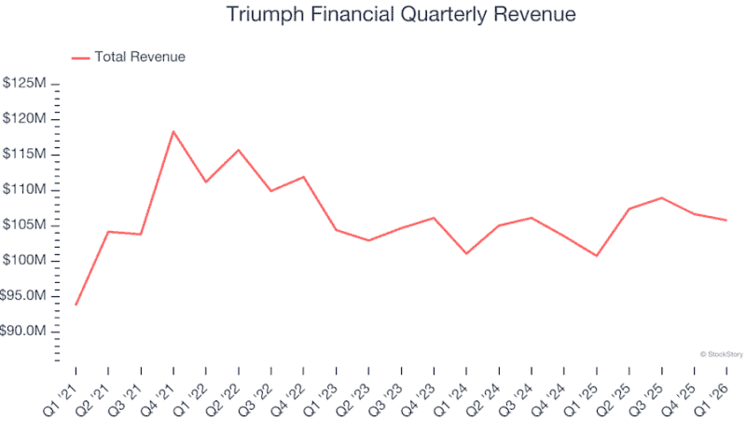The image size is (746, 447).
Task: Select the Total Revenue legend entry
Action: pos(129,57)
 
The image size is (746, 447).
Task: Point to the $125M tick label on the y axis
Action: pos(25,84)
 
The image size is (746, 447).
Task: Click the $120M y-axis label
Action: pos(25,119)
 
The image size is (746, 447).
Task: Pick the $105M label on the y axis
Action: pos(25,225)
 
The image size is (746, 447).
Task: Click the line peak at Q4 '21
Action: pos(173,131)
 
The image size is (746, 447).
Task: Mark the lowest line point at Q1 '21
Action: pos(76,305)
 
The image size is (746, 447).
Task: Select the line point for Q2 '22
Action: pos(239,150)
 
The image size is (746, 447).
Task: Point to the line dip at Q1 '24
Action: pos(466,253)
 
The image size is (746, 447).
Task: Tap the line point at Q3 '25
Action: pos(661,197)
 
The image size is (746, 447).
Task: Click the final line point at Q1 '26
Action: pos(726,220)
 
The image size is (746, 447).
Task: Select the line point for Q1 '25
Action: pos(596,255)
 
